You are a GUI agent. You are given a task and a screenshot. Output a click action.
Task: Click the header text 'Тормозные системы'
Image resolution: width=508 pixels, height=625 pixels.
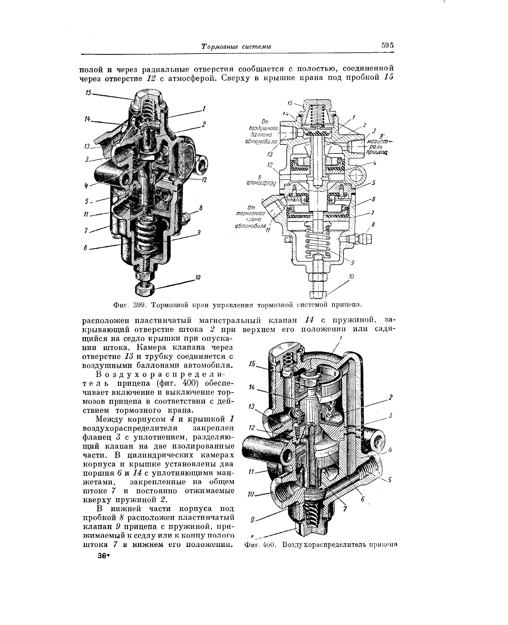tap(236, 47)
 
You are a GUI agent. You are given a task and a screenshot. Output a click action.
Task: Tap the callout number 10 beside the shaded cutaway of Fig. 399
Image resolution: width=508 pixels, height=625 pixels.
tap(198, 277)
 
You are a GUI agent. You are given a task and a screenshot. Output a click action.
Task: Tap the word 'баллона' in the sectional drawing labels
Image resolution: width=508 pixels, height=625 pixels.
tap(261, 135)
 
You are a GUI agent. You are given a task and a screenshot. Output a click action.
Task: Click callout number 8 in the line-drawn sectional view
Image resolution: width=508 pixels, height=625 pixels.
tap(373, 224)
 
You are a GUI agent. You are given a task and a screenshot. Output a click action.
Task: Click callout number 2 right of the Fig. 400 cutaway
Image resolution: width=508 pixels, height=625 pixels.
tap(390, 397)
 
